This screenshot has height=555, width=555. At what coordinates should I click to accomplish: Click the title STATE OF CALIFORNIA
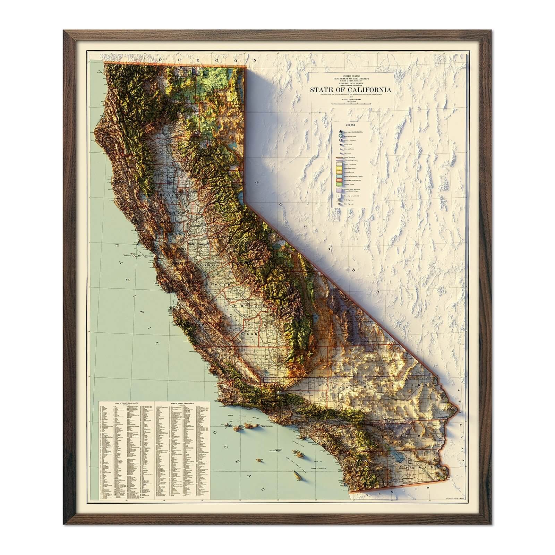[x=351, y=90]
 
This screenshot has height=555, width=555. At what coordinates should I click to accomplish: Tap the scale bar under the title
[x=351, y=103]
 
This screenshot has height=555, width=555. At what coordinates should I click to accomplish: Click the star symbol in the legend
[x=341, y=131]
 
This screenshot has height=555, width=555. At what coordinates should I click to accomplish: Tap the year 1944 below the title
[x=351, y=97]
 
